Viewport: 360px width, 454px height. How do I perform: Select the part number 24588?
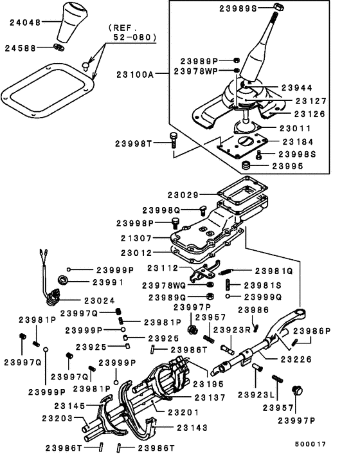tap(21, 48)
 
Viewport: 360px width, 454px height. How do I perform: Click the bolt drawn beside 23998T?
tap(173, 143)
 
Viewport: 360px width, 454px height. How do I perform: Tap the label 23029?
tap(186, 194)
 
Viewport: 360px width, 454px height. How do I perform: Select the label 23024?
tap(97, 300)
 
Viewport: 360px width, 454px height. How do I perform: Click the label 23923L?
tap(255, 394)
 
